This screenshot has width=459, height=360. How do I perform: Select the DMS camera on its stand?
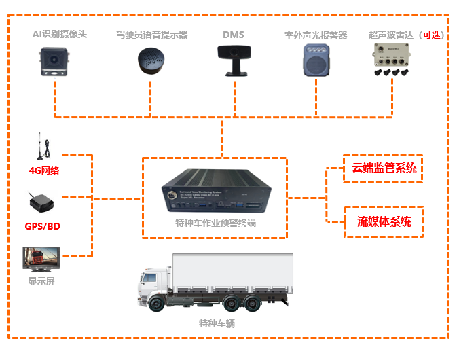tap(233, 59)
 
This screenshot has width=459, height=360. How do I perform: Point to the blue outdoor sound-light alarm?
tap(315, 60)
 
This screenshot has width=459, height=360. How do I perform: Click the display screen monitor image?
tap(41, 260)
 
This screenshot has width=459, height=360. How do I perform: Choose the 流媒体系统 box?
tap(384, 221)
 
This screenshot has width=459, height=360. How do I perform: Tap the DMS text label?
tap(233, 34)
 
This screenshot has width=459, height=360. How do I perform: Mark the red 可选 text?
tap(431, 35)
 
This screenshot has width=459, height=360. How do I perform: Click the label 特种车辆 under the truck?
tap(217, 323)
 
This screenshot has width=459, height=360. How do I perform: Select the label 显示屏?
tap(41, 281)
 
